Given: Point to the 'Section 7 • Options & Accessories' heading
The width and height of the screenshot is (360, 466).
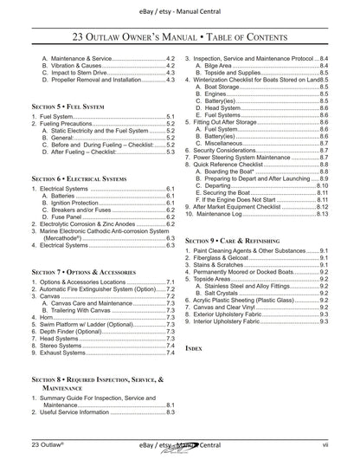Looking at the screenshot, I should pos(87,272).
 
